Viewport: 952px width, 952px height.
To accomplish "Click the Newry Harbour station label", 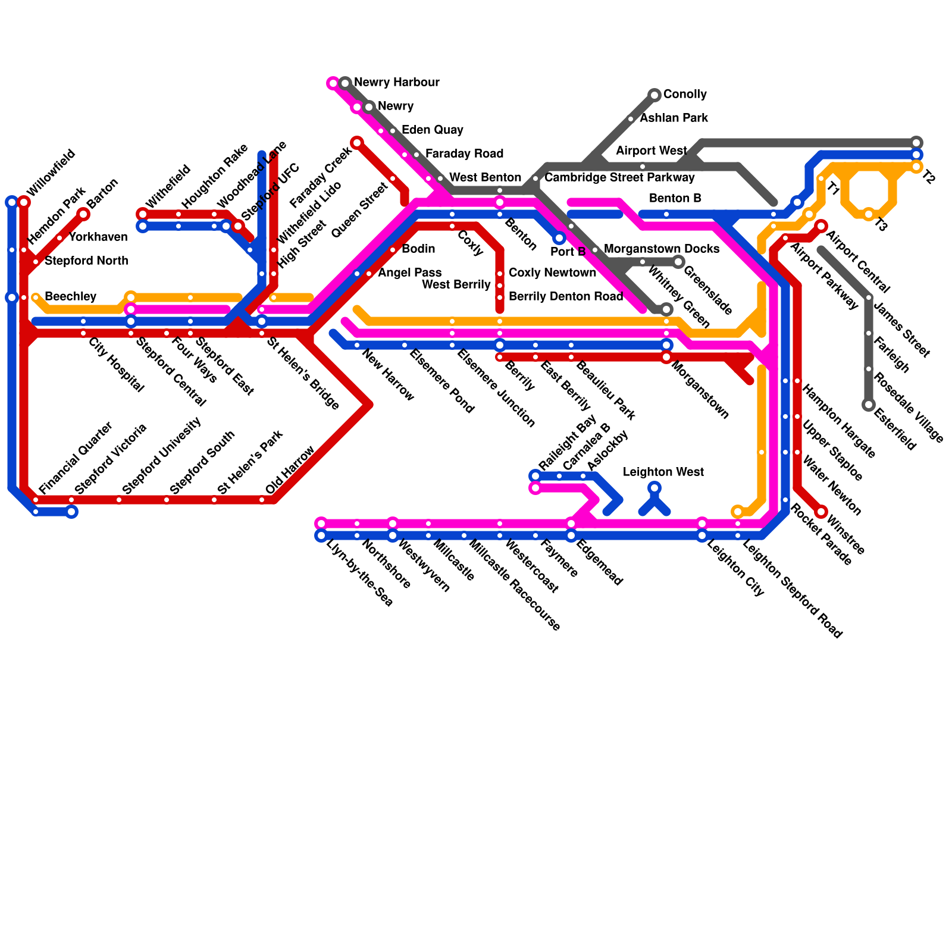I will point(396,83).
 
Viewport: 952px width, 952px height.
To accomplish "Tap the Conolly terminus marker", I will point(654,95).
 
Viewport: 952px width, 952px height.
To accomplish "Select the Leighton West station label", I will point(663,472).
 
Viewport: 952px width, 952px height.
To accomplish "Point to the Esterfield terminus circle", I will point(869,405).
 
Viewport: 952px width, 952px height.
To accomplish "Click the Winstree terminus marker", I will point(822,512).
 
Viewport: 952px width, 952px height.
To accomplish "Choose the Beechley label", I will point(70,297).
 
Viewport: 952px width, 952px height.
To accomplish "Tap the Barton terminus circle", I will point(83,214).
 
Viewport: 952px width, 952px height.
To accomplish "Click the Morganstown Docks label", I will point(661,249).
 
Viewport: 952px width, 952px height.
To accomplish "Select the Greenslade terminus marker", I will point(678,262).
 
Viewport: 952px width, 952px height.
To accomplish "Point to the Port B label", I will point(568,252).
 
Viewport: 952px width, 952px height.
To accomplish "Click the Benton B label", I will point(675,199).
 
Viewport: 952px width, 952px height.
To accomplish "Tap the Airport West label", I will point(651,151).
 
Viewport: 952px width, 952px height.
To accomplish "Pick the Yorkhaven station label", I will point(98,237).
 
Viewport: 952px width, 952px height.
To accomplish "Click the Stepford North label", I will point(86,261).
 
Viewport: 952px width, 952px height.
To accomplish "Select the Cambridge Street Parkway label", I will point(619,178).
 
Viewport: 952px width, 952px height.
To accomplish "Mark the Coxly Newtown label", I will point(552,273).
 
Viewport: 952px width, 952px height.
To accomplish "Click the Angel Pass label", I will point(409,273).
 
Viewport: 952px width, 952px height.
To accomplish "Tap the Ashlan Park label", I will point(674,118).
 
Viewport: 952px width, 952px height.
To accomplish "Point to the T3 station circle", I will point(869,214).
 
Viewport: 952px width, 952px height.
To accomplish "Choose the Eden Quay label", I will point(432,130).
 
